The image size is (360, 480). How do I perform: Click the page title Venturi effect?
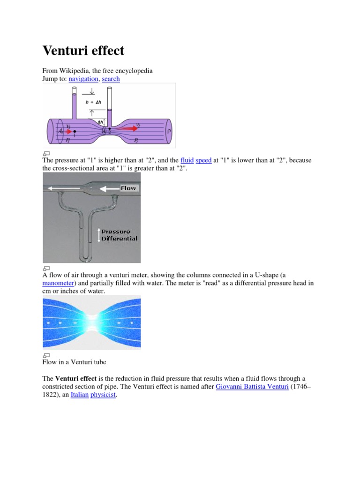point(83,50)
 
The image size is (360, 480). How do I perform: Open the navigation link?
point(83,79)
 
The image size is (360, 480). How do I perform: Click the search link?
point(111,79)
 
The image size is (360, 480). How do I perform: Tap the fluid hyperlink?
point(187,160)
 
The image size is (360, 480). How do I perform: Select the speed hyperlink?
point(203,160)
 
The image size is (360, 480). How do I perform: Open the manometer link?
point(58,283)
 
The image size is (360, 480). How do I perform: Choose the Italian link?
point(79,395)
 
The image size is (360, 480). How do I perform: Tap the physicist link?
point(103,395)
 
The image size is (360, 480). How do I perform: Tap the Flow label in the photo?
point(128,188)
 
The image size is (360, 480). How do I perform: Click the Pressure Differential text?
point(119,235)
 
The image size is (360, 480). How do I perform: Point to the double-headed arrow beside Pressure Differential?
point(99,235)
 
